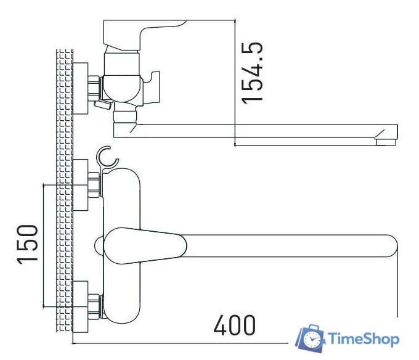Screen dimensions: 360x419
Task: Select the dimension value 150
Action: [28, 244]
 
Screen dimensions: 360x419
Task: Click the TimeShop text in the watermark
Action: [364, 339]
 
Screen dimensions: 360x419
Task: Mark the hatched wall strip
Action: [63, 191]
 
